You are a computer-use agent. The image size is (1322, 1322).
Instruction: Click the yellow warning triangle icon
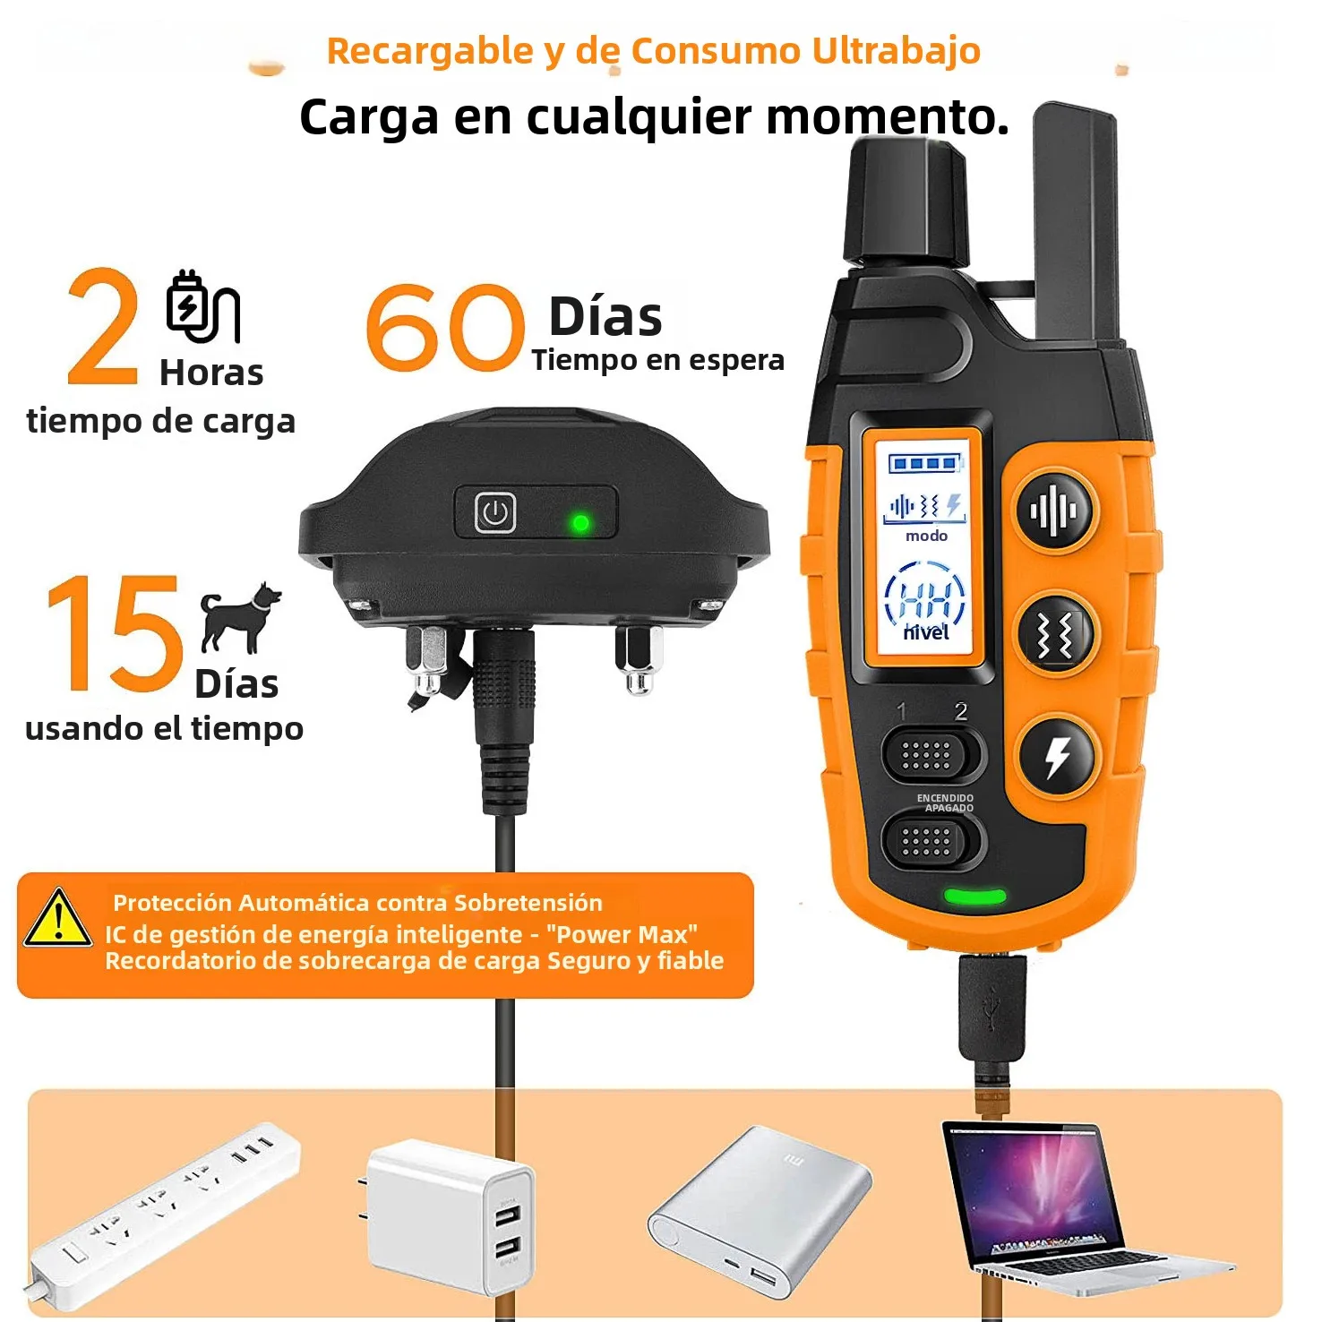pyautogui.click(x=57, y=918)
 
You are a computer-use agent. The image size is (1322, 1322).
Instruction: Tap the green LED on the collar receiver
pyautogui.click(x=580, y=522)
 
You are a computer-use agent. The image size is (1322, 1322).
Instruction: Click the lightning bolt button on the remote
pyautogui.click(x=1058, y=758)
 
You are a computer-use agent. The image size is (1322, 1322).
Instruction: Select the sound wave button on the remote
pyautogui.click(x=1054, y=511)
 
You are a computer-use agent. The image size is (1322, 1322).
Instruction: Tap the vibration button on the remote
pyautogui.click(x=1054, y=635)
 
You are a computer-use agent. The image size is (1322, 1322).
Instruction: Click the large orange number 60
pyautogui.click(x=445, y=327)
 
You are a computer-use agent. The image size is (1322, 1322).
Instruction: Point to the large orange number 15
pyautogui.click(x=115, y=633)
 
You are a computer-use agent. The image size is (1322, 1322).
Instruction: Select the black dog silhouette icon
pyautogui.click(x=239, y=617)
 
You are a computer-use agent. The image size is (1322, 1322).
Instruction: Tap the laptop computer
pyautogui.click(x=1075, y=1206)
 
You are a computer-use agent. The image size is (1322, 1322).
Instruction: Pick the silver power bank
pyautogui.click(x=759, y=1209)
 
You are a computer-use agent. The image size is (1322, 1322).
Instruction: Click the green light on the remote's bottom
pyautogui.click(x=974, y=896)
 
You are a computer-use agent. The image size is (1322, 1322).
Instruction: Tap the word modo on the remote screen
pyautogui.click(x=926, y=536)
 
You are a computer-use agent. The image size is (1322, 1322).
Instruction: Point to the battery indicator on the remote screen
pyautogui.click(x=925, y=463)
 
